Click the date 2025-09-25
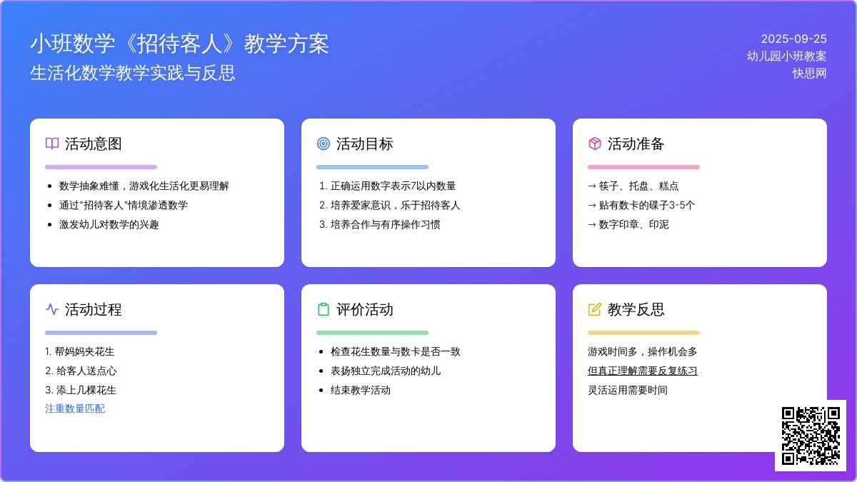click(793, 39)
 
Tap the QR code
click(811, 436)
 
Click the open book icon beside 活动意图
click(52, 144)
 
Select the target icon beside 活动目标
click(324, 144)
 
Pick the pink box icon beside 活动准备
click(594, 144)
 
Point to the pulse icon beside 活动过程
click(52, 309)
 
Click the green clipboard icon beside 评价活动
click(324, 309)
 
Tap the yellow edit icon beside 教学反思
click(594, 309)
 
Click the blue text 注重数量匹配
click(75, 408)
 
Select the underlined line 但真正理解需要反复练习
click(642, 371)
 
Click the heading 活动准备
click(636, 144)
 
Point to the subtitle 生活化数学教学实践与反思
click(132, 73)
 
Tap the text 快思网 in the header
click(809, 73)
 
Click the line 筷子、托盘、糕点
click(638, 186)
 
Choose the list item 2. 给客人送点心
click(81, 371)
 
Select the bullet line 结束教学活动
click(361, 390)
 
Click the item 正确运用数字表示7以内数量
click(394, 186)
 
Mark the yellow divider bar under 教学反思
click(643, 333)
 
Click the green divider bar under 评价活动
click(372, 333)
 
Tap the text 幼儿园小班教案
click(786, 56)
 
